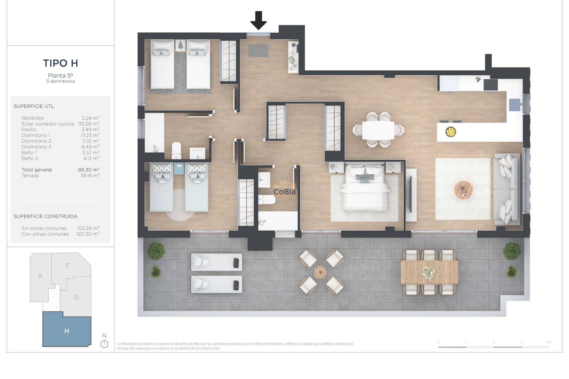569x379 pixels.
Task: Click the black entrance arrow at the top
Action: tap(258, 20)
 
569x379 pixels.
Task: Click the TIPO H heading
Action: tap(60, 63)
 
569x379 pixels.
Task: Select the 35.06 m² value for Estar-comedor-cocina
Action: tap(89, 124)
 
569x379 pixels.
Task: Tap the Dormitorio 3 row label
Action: tap(36, 147)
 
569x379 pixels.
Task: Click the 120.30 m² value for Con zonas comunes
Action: tap(88, 234)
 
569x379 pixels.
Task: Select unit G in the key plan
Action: tap(76, 297)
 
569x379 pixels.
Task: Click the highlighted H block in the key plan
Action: tap(67, 331)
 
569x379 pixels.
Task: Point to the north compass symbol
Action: tap(104, 344)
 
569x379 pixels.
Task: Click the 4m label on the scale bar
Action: tap(549, 342)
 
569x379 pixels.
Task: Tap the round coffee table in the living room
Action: tap(463, 190)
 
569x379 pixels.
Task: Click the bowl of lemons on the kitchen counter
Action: tap(450, 132)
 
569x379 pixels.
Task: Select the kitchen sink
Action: tap(515, 105)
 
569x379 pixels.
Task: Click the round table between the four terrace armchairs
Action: tap(320, 272)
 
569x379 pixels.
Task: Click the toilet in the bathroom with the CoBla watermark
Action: tap(266, 200)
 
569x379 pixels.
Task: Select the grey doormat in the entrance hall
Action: tap(258, 51)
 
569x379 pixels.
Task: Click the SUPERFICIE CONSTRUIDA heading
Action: tap(45, 216)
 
